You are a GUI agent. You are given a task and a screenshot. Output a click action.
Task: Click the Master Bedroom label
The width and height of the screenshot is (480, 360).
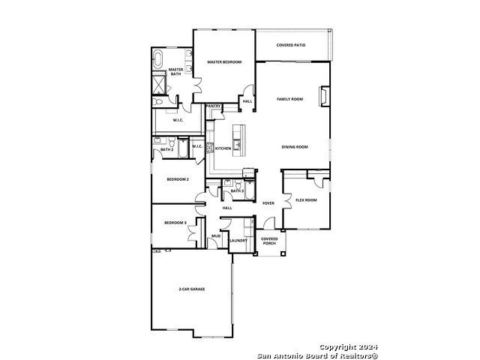(224, 62)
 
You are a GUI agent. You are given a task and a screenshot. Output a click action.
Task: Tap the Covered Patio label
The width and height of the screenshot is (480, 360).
(291, 45)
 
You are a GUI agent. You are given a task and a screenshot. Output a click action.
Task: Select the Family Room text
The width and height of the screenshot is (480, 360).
(290, 99)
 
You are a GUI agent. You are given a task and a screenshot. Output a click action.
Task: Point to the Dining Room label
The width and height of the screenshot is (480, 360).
(295, 147)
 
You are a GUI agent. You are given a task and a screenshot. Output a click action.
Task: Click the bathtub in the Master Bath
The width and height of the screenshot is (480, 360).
(157, 59)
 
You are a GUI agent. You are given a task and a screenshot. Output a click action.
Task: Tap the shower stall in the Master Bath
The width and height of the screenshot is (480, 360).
(159, 84)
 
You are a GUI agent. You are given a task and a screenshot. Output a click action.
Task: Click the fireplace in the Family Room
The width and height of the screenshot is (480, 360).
(324, 96)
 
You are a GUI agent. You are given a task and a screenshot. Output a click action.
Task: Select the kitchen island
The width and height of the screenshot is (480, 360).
(238, 140)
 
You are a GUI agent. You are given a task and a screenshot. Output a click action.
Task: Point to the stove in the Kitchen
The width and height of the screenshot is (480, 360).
(210, 148)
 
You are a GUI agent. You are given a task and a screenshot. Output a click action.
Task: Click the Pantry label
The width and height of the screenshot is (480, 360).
(213, 106)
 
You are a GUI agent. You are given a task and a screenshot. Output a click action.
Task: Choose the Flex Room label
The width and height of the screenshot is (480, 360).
(306, 200)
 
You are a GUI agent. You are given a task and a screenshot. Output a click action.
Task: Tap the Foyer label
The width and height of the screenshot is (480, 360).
(268, 203)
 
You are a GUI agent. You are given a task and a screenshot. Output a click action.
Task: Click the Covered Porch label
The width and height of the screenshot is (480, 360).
(269, 241)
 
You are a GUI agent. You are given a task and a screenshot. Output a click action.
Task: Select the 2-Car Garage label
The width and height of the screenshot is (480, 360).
(192, 289)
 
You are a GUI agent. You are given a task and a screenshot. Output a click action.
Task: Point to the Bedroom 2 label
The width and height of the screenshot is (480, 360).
(178, 179)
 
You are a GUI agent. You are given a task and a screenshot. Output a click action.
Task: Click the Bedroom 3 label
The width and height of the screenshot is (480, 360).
(175, 223)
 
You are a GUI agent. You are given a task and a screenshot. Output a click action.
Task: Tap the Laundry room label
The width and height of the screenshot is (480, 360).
(238, 241)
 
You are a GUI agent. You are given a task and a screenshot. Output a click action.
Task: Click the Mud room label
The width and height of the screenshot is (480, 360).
(216, 236)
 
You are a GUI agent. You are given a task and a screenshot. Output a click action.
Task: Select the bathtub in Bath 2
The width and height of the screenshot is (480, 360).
(183, 148)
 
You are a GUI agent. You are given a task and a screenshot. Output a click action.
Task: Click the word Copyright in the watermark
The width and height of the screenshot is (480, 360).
(337, 347)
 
